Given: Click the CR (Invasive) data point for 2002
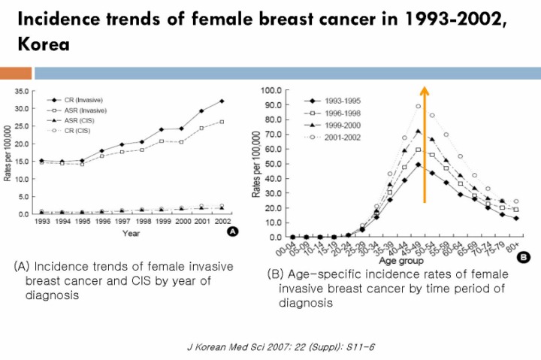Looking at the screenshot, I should tap(222, 101).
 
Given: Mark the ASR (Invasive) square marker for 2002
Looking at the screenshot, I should tap(222, 121).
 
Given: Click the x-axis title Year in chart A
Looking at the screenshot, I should tap(131, 233).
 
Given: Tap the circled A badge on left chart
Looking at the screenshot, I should tap(232, 233).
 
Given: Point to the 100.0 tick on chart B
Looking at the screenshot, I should tap(270, 90).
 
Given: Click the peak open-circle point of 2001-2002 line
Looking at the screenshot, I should tap(418, 106).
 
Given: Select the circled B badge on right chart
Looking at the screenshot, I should tap(523, 257).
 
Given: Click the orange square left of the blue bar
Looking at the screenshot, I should tap(15, 73).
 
